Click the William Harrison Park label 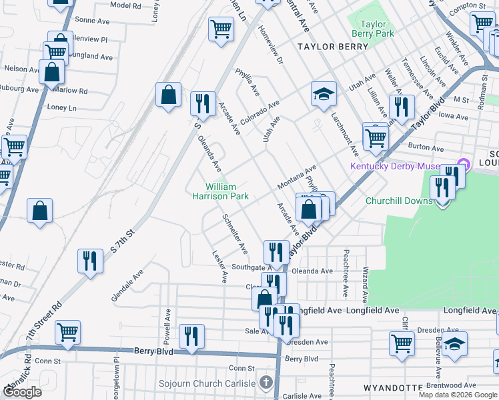(x=227, y=191)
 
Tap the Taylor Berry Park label (x=373, y=29)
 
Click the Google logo (x=22, y=391)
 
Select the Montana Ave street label (x=301, y=177)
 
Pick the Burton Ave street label (x=426, y=149)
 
